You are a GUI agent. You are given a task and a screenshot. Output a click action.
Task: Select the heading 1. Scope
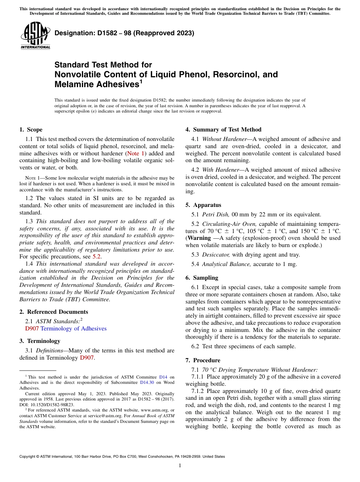coord(31,130)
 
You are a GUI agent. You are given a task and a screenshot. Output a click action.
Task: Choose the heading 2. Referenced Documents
coord(53,312)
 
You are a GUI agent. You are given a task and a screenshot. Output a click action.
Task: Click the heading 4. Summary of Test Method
coord(223,130)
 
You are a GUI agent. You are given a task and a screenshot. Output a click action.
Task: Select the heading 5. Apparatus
coord(203,205)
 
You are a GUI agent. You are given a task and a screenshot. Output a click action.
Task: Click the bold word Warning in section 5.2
coord(199,238)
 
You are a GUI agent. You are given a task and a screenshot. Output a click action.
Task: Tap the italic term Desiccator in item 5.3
coord(216,255)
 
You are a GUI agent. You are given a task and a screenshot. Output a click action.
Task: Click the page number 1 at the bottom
coord(180,466)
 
